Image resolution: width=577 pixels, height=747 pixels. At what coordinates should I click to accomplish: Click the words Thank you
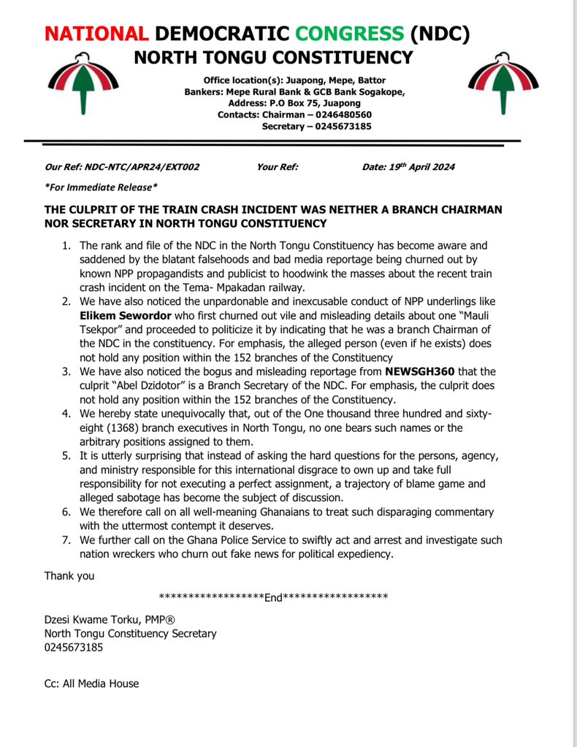[69, 576]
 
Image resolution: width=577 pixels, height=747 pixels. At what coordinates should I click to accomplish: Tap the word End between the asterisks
[273, 597]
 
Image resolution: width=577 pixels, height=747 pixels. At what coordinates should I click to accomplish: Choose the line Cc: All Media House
[91, 684]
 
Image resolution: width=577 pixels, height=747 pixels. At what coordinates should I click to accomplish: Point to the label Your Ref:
[278, 167]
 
